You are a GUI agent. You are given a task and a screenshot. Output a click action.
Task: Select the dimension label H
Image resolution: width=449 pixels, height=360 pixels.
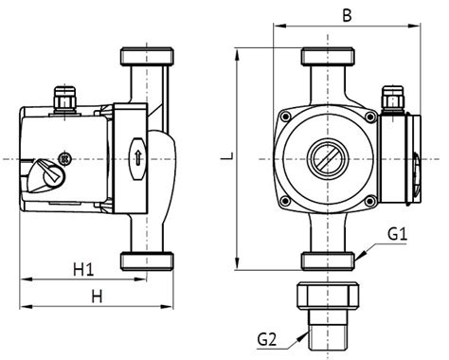point(96,297)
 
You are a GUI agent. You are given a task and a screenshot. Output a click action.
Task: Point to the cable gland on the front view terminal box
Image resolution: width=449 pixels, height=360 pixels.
point(388,96)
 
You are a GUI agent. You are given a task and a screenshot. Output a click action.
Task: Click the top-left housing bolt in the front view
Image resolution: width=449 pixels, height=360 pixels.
point(283,115)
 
